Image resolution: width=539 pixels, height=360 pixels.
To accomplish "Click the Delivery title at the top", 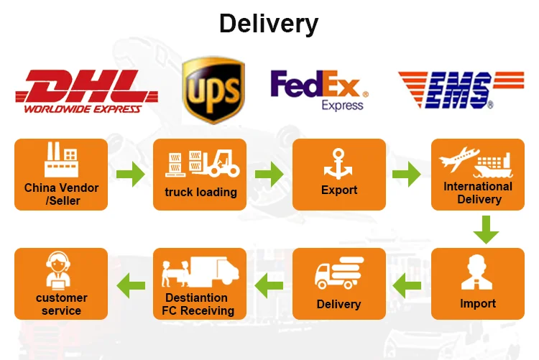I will tap(269, 24).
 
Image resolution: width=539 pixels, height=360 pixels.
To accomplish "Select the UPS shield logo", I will tap(213, 89).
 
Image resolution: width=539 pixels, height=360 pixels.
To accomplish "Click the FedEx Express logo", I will tap(319, 90).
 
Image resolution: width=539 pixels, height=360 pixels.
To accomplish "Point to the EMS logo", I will tap(460, 90).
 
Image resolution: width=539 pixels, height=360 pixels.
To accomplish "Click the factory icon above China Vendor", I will tap(61, 160).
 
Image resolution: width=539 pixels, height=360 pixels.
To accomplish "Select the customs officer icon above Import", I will tap(477, 273).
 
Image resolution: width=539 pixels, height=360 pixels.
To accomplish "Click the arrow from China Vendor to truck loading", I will tap(130, 175).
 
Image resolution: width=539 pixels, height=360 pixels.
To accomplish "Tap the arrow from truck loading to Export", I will tap(269, 175).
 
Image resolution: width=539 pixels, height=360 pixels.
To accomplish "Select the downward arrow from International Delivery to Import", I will tap(487, 229).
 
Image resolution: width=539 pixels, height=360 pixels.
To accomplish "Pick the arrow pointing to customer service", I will tap(130, 283).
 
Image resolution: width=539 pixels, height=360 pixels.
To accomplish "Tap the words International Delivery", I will tap(478, 193).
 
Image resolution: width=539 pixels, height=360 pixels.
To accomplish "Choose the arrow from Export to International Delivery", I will tap(407, 175).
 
